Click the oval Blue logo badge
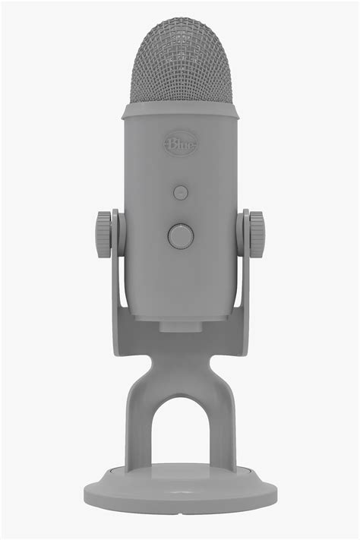[180, 144]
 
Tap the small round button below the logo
[180, 192]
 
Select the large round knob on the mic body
[180, 236]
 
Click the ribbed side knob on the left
[103, 234]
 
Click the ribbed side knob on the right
[257, 234]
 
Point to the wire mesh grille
[180, 65]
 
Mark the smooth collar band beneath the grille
[180, 111]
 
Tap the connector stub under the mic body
[180, 325]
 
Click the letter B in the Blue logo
[171, 144]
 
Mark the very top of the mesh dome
[180, 21]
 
